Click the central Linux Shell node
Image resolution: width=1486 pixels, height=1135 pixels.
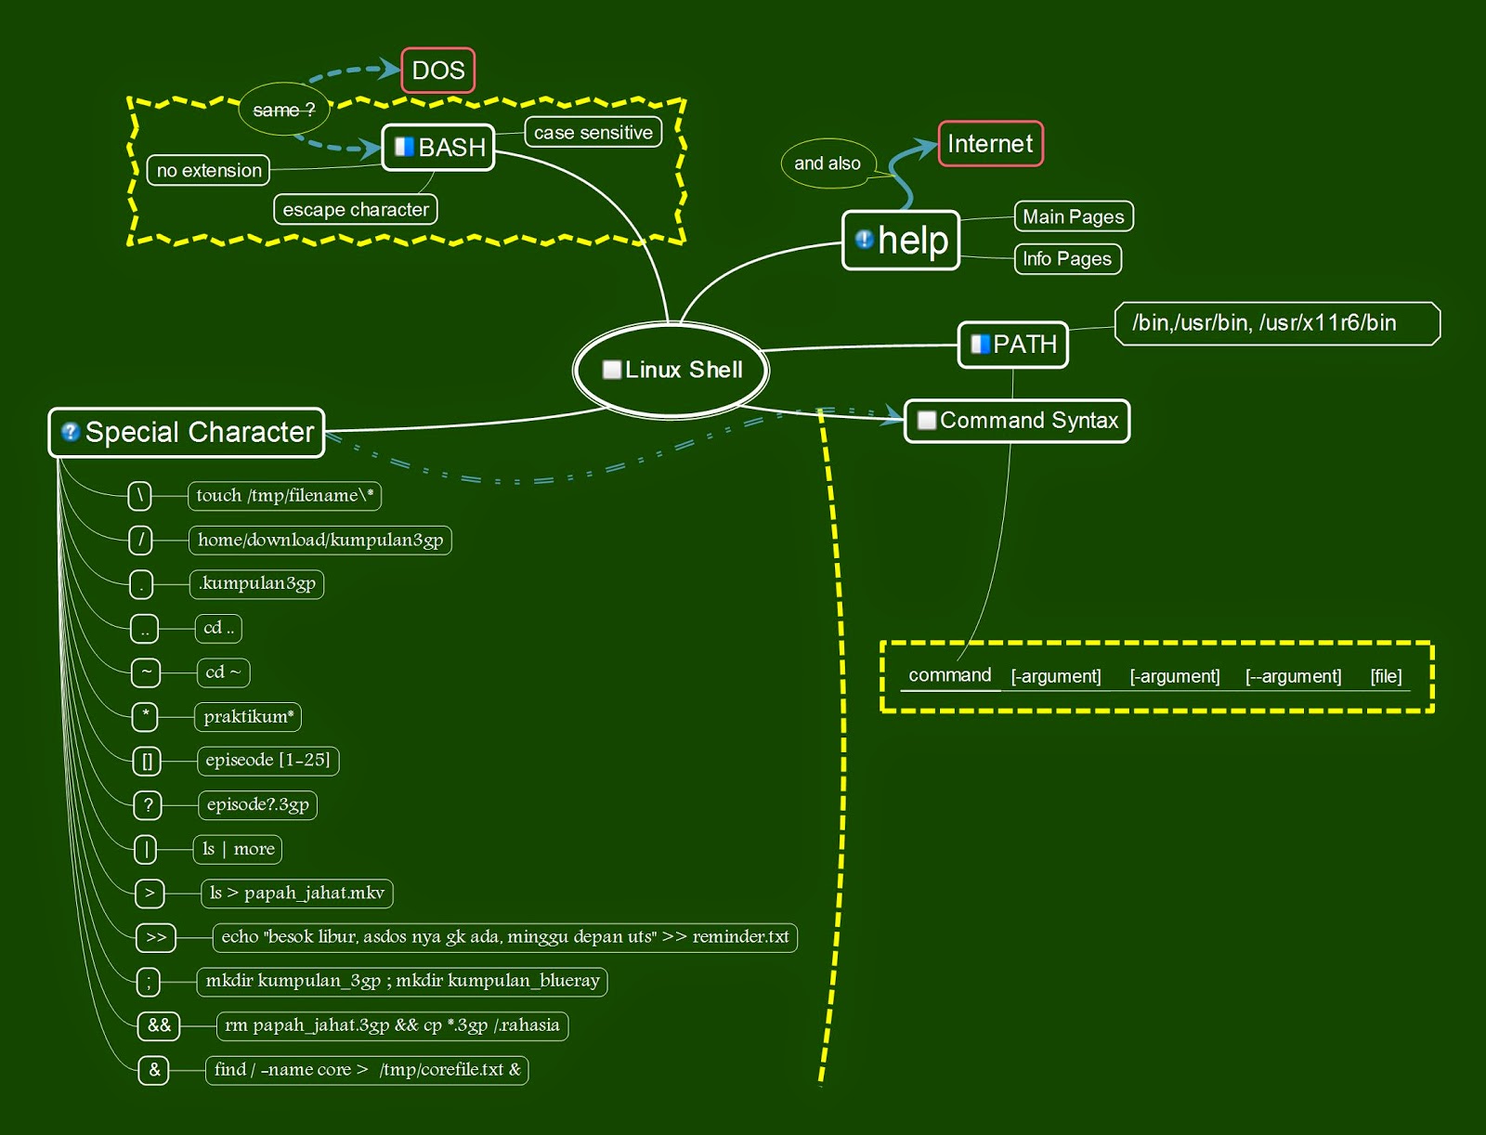(671, 370)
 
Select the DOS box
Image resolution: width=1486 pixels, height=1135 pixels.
(438, 71)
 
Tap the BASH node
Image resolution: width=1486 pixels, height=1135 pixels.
(438, 148)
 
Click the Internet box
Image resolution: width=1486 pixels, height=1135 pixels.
(990, 144)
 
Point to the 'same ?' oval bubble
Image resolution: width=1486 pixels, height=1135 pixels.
(283, 110)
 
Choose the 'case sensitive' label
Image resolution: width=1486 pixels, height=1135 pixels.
(593, 133)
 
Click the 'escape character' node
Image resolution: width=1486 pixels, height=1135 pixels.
(355, 210)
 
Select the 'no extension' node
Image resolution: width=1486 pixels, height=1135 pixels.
(209, 171)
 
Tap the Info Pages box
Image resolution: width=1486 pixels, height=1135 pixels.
(1067, 259)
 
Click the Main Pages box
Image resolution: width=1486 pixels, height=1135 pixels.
(1073, 217)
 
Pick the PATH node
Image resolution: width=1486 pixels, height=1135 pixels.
(1013, 345)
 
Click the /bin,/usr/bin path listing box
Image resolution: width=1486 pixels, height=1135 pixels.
(1276, 323)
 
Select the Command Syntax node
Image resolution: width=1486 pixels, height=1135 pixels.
(1017, 421)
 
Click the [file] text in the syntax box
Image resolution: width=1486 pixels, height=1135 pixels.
(1386, 676)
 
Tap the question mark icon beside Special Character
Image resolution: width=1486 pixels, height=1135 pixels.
(70, 432)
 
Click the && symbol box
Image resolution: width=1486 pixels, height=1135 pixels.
(159, 1025)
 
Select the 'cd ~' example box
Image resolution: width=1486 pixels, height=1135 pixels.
(223, 672)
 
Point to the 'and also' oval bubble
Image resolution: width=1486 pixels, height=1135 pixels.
(828, 163)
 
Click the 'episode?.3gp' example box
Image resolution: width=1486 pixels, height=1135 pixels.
(257, 804)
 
